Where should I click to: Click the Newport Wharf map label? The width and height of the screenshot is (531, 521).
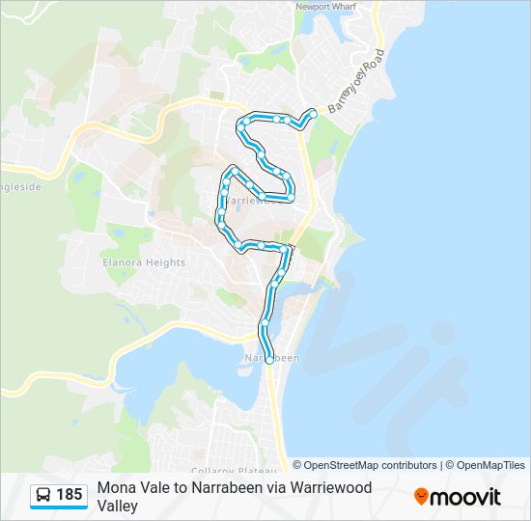327,6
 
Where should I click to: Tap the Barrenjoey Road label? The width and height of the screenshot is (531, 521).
357,80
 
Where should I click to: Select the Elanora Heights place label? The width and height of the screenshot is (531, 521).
144,262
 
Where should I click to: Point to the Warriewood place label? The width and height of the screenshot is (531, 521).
258,201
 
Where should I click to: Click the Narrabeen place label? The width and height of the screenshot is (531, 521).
272,358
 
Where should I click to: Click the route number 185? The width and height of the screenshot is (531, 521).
70,495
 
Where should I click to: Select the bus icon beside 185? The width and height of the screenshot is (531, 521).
44,495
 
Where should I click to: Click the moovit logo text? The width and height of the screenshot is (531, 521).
466,497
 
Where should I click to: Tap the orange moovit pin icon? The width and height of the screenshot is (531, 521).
421,497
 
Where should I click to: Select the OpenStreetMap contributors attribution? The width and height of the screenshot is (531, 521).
365,465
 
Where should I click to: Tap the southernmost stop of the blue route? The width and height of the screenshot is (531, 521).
268,360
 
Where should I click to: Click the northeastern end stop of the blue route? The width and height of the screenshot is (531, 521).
313,113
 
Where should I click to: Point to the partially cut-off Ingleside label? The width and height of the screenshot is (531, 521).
19,187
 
